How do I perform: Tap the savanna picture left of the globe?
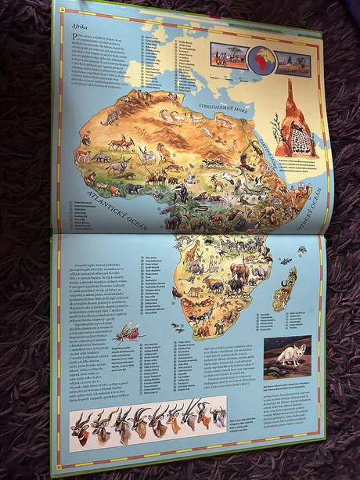point(229,57)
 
